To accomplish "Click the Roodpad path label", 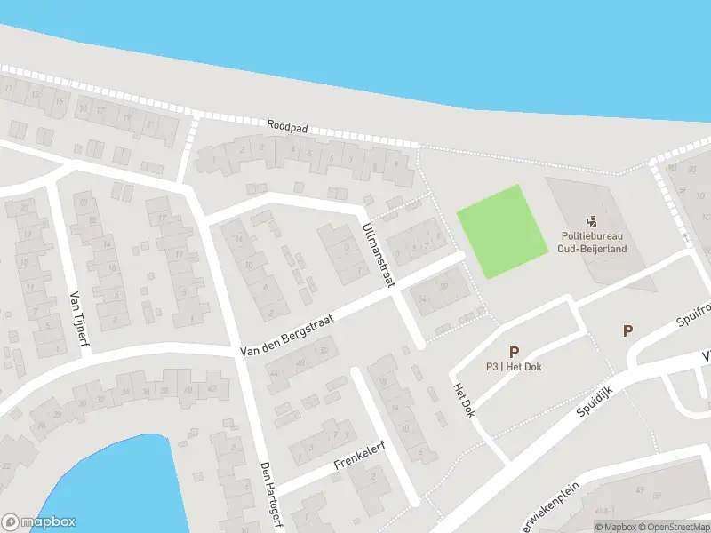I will [x=286, y=128].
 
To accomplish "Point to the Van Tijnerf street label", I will [x=77, y=322].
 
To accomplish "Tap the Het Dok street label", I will [x=463, y=401].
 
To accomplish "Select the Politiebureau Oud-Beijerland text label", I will [x=593, y=242].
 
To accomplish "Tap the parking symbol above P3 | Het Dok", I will [x=514, y=352].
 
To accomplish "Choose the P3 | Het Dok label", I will [x=514, y=367].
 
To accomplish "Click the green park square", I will [x=500, y=231].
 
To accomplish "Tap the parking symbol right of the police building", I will [x=627, y=330].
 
